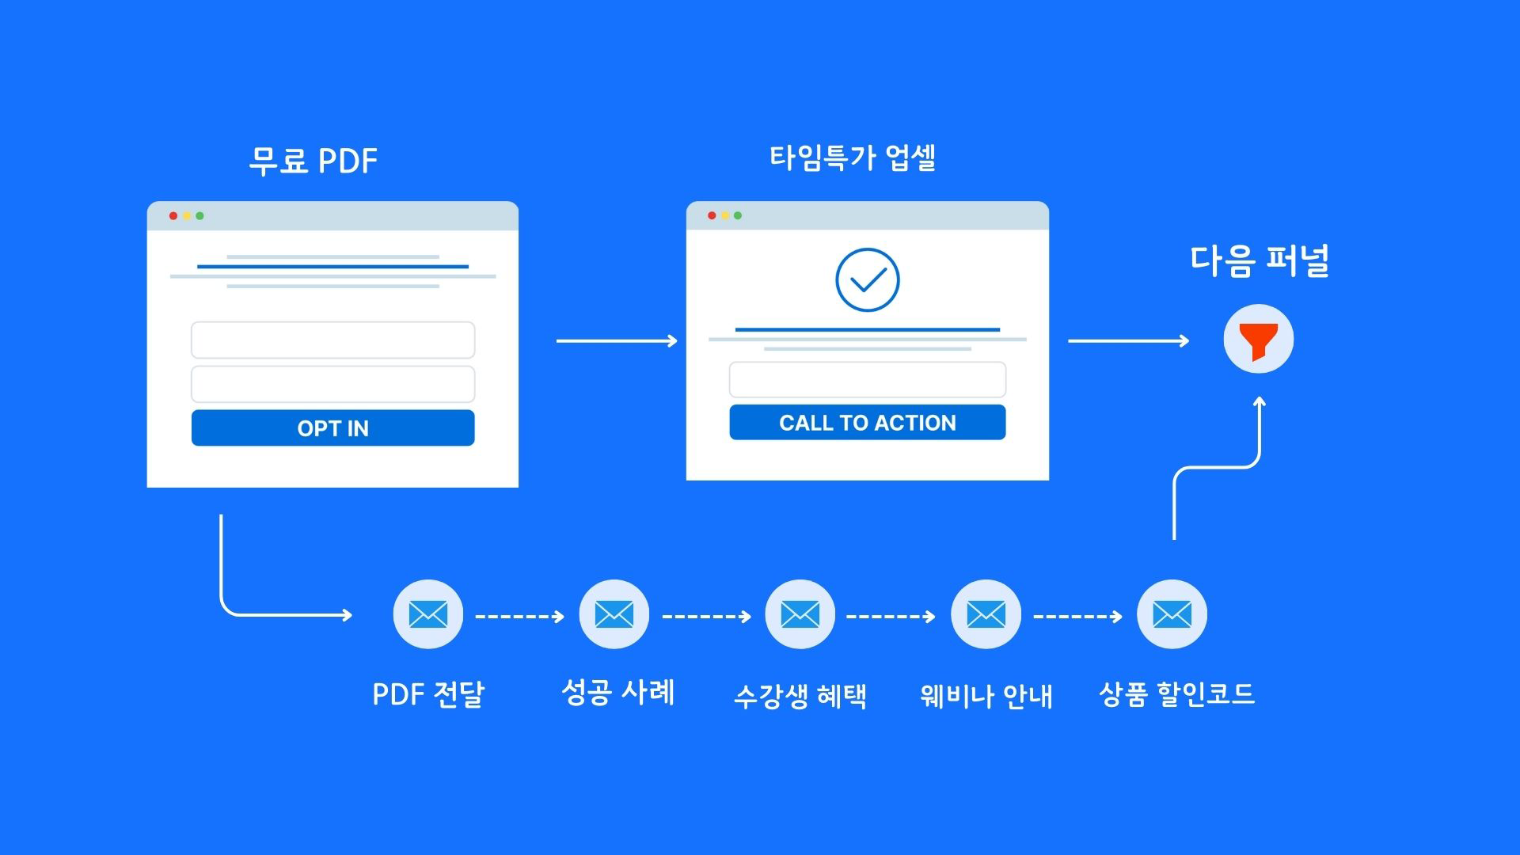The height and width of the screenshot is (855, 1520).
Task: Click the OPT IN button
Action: (332, 428)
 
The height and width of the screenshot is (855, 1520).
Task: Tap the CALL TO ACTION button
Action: (867, 423)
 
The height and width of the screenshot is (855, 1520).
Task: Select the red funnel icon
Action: (1258, 340)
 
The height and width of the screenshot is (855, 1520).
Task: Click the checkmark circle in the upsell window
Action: (867, 280)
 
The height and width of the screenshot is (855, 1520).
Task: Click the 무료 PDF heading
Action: (313, 161)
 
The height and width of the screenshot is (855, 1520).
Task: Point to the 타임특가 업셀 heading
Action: (853, 158)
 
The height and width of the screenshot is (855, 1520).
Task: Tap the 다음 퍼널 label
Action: (1259, 260)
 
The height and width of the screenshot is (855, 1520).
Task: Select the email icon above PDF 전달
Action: (428, 614)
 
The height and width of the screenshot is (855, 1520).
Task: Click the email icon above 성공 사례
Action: (614, 614)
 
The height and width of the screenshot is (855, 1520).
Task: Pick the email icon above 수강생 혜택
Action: (800, 614)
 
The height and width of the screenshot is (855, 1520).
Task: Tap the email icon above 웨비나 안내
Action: (986, 614)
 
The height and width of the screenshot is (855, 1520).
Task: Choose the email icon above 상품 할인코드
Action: (1172, 614)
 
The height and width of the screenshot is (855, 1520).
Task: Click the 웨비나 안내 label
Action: (986, 696)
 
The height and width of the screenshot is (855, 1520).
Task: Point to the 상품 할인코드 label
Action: (1176, 694)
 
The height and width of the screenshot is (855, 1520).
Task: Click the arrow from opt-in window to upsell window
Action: (617, 341)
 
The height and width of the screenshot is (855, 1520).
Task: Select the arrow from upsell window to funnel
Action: (1128, 341)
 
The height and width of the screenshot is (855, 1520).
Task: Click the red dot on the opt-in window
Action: (173, 216)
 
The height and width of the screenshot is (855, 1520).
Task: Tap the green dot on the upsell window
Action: (738, 215)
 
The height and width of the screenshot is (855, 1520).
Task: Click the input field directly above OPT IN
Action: (332, 384)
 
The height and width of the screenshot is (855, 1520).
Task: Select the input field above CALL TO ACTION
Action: (867, 380)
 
